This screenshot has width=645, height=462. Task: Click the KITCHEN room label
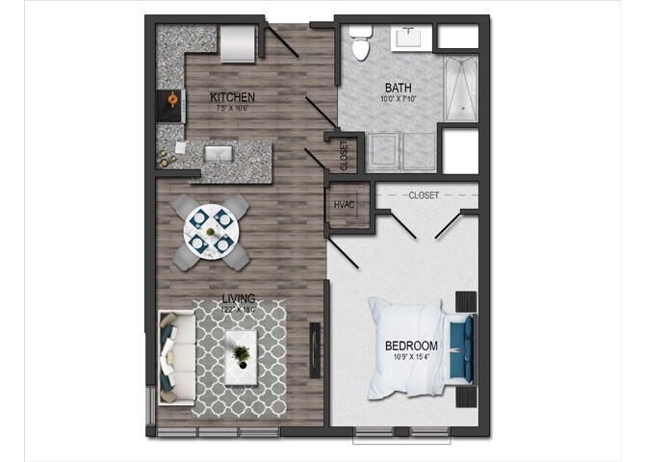(x=233, y=96)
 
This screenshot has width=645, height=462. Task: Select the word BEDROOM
(x=411, y=346)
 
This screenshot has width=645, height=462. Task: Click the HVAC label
(x=345, y=204)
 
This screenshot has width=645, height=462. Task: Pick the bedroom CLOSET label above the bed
(x=424, y=195)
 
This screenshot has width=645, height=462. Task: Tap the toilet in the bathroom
(x=360, y=44)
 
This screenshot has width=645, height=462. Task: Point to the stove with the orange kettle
(x=170, y=100)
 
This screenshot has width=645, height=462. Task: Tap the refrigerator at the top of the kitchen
(x=237, y=42)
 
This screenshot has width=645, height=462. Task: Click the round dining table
(x=210, y=231)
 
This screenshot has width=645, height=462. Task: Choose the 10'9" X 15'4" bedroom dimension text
(x=411, y=357)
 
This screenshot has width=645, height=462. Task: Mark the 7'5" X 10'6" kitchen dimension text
(x=233, y=109)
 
